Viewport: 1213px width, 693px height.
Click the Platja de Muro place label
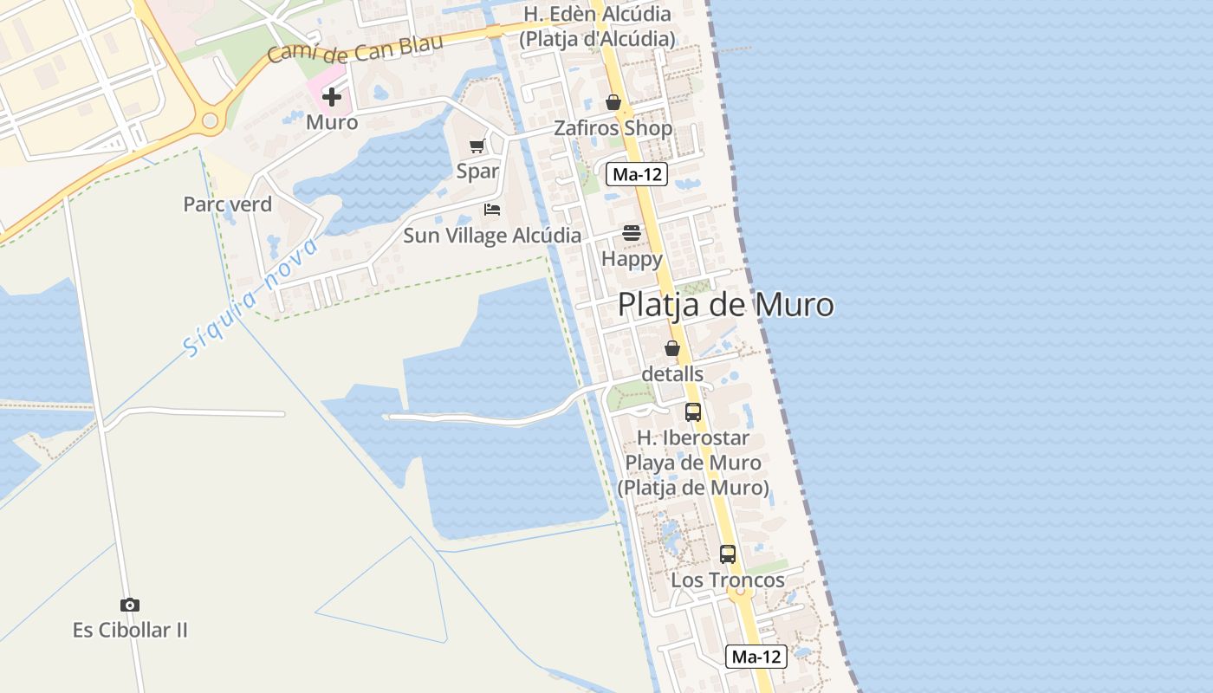[x=725, y=305]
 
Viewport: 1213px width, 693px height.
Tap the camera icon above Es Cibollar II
[x=130, y=606]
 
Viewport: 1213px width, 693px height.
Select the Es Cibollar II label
[x=130, y=630]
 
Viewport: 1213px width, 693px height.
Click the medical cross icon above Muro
[x=332, y=97]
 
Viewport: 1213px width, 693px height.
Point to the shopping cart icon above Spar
[x=477, y=146]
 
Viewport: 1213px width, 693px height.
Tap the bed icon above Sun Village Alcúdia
[x=492, y=210]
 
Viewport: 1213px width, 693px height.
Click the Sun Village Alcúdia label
[x=492, y=236]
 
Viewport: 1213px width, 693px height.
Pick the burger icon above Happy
[x=632, y=233]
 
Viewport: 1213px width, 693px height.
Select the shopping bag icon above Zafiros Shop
[x=613, y=103]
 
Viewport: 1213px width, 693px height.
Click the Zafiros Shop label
[x=613, y=128]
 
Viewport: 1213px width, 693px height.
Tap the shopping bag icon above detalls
[x=672, y=348]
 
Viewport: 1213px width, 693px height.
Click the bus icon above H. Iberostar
[x=693, y=412]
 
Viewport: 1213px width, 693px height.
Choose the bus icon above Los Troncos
[x=728, y=554]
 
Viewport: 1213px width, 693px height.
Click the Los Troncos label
[x=728, y=580]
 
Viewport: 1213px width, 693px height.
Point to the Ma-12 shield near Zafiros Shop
[x=637, y=174]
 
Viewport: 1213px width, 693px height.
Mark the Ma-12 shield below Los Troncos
[x=756, y=657]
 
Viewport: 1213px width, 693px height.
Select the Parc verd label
[x=228, y=204]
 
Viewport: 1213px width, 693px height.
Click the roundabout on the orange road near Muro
[x=210, y=122]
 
